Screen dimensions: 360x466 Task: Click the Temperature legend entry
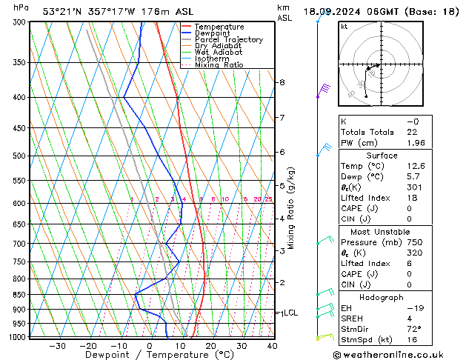219,27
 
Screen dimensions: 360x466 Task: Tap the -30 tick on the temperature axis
56,345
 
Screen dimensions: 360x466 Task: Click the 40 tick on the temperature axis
272,345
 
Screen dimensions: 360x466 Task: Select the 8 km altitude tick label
282,82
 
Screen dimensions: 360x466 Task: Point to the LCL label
290,313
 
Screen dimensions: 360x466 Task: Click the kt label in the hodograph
344,26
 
